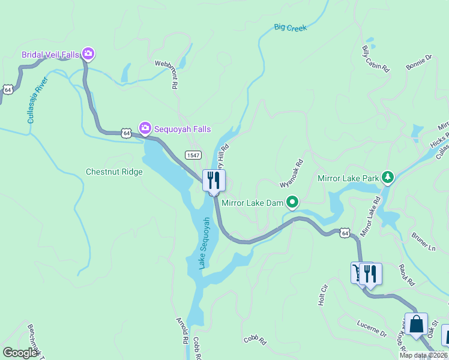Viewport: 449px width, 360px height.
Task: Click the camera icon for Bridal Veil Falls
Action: point(88,55)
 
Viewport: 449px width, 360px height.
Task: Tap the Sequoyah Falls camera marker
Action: point(145,128)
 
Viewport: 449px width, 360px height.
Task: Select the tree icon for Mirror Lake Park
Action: point(388,177)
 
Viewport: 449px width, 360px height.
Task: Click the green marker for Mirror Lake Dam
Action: point(292,202)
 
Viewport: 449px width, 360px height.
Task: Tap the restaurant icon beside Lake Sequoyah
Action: point(214,180)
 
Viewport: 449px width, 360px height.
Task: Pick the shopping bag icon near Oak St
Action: point(416,323)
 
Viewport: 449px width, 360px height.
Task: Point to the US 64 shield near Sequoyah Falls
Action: point(125,133)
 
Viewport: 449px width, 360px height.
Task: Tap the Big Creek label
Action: point(290,28)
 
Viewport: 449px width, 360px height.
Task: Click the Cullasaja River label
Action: point(36,103)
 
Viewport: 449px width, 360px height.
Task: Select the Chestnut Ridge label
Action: point(114,172)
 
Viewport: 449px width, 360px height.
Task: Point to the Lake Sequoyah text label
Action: point(205,242)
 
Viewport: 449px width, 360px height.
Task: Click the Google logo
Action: point(20,353)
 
